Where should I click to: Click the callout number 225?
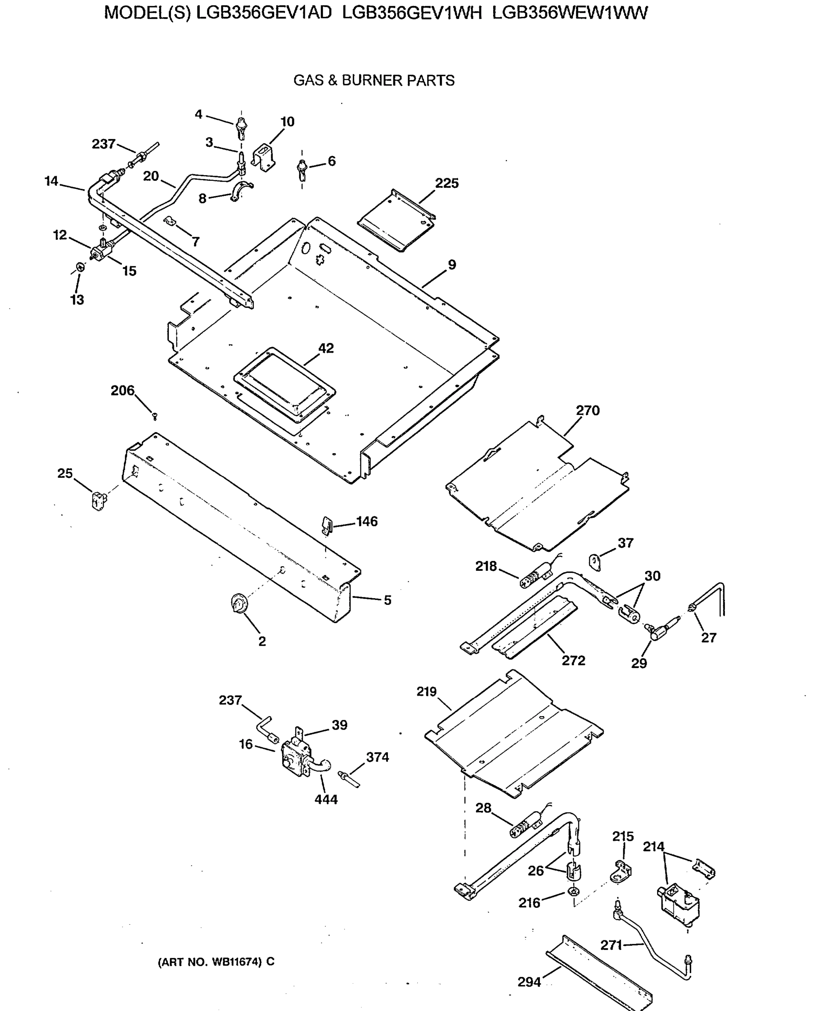pyautogui.click(x=446, y=183)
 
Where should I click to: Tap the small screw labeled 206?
pyautogui.click(x=155, y=416)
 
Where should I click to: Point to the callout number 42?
pyautogui.click(x=326, y=348)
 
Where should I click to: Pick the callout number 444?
pyautogui.click(x=326, y=800)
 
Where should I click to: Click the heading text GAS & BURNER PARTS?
pyautogui.click(x=374, y=80)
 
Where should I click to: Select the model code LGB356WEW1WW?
pyautogui.click(x=570, y=13)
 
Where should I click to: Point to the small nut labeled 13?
pyautogui.click(x=81, y=267)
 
